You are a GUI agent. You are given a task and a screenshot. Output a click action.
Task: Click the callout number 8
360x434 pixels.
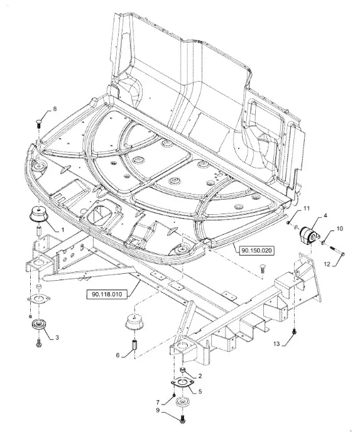click(x=55, y=109)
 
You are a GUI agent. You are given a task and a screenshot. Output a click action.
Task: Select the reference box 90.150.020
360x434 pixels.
click(x=257, y=251)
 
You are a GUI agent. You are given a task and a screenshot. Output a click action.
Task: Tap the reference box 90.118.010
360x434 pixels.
click(x=107, y=294)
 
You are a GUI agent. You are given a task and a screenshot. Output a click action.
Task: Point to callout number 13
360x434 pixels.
click(x=276, y=344)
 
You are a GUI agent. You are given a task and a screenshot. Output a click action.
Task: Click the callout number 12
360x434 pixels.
click(x=327, y=264)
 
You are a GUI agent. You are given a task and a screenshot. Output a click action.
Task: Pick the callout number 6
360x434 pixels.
click(x=117, y=355)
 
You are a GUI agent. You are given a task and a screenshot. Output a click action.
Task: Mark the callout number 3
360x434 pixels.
click(x=57, y=337)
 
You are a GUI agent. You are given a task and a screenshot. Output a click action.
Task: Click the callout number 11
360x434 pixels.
click(x=306, y=209)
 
